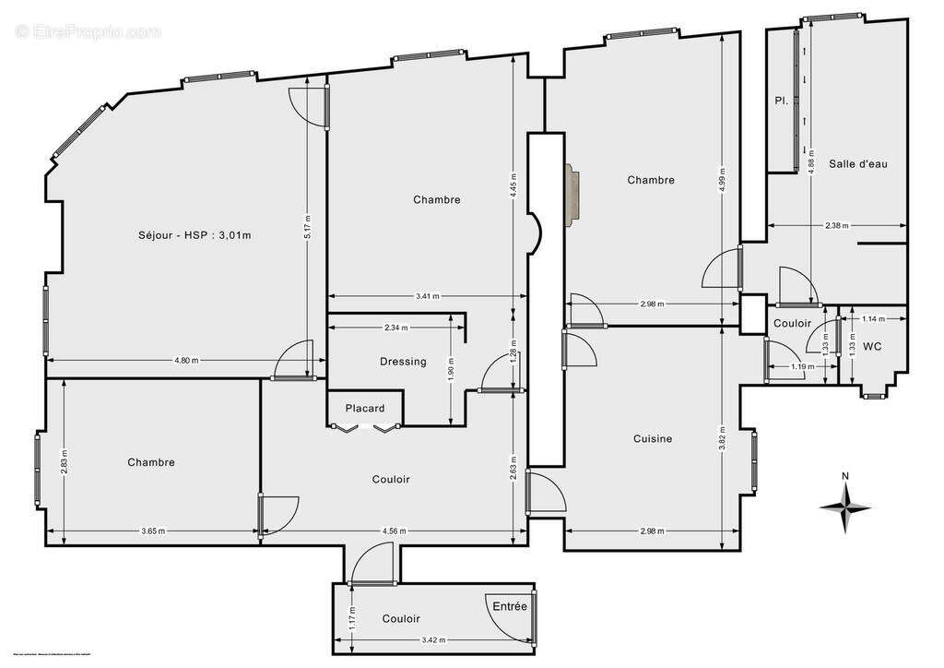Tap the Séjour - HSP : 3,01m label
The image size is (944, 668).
(x=194, y=235)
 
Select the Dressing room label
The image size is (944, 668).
(x=403, y=362)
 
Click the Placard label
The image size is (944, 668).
(x=365, y=408)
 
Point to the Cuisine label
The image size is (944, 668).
(x=653, y=439)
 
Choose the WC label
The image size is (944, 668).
(x=872, y=347)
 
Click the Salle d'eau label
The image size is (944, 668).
(x=858, y=163)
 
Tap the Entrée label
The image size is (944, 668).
(x=510, y=606)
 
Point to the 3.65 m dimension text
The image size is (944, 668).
(x=154, y=531)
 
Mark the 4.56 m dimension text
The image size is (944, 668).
(x=393, y=531)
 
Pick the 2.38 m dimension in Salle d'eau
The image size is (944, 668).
(x=837, y=225)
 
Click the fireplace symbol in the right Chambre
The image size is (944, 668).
(x=574, y=194)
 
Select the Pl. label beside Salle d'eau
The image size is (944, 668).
(x=780, y=101)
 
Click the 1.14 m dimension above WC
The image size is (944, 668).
(x=871, y=319)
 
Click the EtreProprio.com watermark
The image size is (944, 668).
(x=88, y=31)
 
